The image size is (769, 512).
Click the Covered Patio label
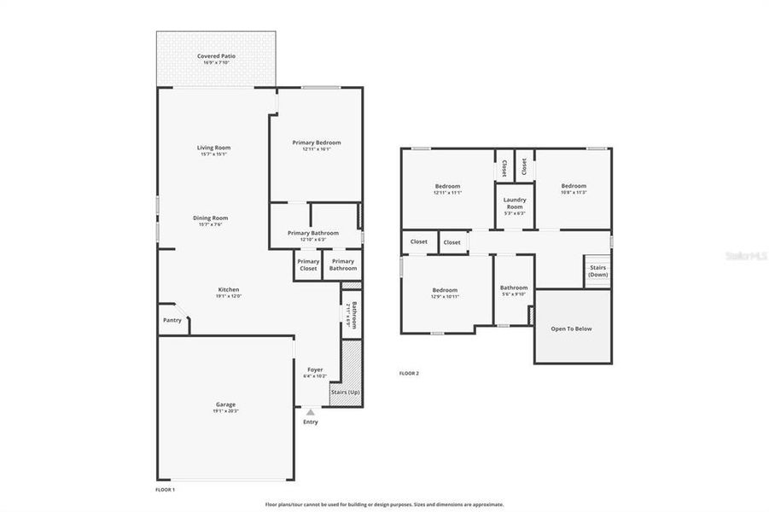[x=216, y=55]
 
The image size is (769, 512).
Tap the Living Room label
[x=214, y=148]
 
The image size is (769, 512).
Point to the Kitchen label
[x=228, y=289]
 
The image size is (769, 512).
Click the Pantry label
[x=172, y=320]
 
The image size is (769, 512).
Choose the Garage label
[x=225, y=404]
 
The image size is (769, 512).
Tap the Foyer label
[x=315, y=369]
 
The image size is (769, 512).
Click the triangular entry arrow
[x=310, y=411]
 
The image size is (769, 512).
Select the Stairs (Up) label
[x=346, y=392]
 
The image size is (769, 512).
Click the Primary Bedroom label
[x=316, y=143]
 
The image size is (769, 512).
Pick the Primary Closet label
[x=308, y=265]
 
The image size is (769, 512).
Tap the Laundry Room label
[x=515, y=203]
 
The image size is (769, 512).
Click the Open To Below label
[x=571, y=329]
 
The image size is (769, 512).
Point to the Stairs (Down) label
[x=598, y=271]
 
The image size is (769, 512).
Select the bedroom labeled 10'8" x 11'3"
[x=574, y=186]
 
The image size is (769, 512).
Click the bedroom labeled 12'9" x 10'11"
[x=445, y=290]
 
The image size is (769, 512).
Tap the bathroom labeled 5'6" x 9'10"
[x=514, y=288]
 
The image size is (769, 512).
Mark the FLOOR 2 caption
[x=410, y=373]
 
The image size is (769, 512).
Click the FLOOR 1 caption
[x=165, y=490]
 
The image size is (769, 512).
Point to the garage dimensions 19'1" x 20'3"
[x=225, y=411]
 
